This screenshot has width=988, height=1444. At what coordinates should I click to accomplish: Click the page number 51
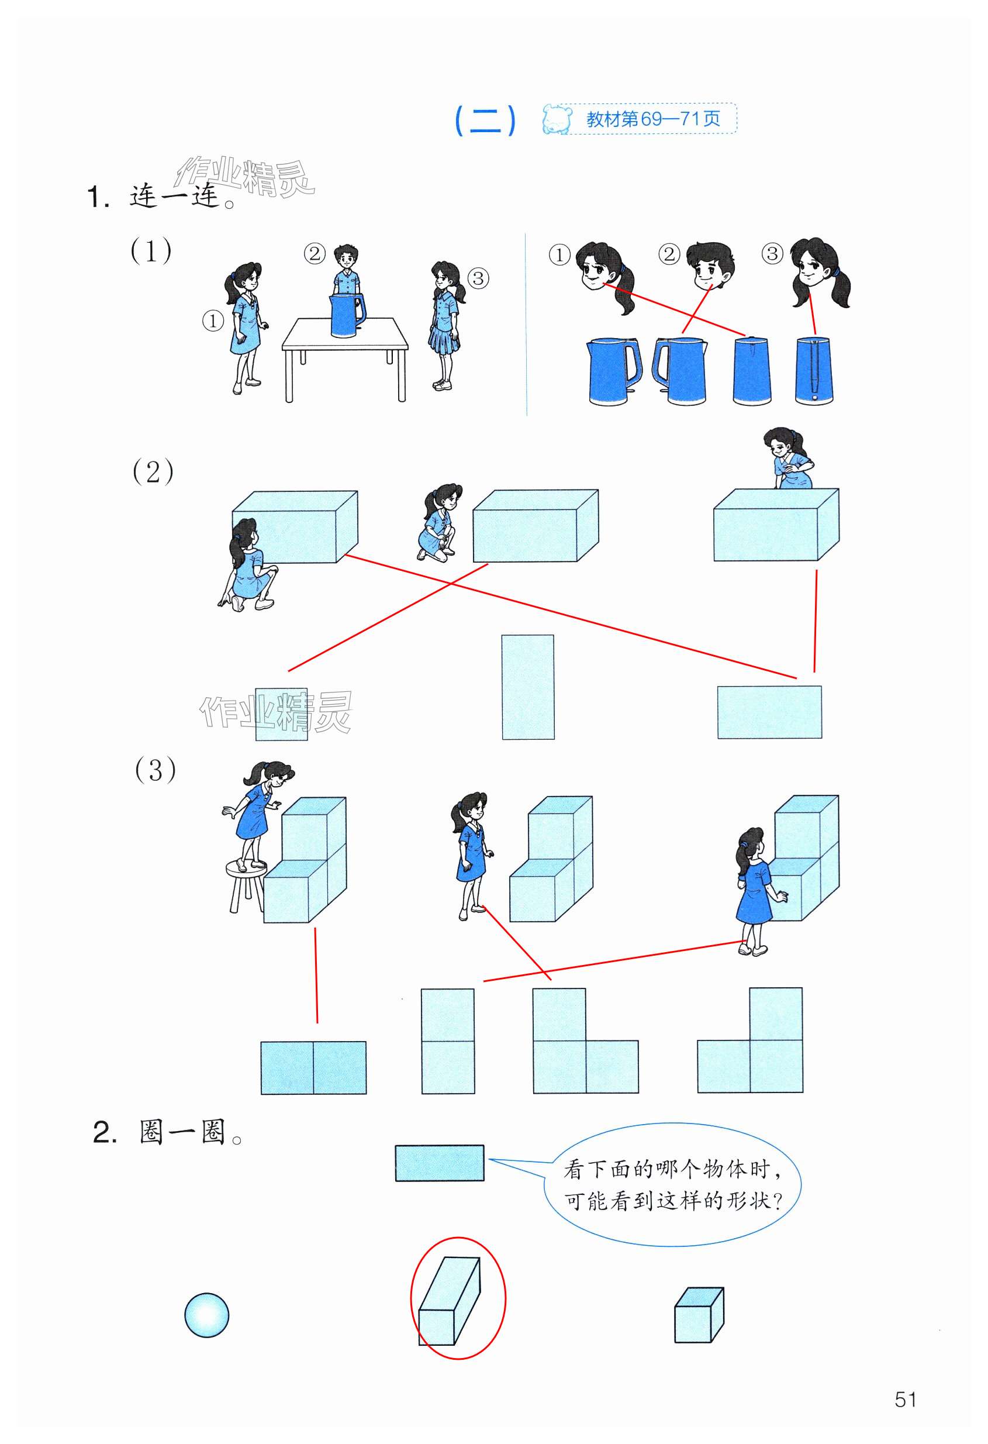tap(906, 1400)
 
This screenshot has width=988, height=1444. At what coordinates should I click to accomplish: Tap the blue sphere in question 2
tap(207, 1315)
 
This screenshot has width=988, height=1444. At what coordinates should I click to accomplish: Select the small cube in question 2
tap(699, 1315)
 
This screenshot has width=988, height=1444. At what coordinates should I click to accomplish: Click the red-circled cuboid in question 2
tap(449, 1301)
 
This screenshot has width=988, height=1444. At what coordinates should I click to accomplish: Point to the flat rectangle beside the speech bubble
tap(440, 1163)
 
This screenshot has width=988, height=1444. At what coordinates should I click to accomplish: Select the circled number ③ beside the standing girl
tap(478, 278)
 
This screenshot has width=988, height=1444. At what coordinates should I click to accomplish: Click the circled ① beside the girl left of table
tap(213, 320)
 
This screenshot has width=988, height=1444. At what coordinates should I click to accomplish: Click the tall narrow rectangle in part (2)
tap(528, 687)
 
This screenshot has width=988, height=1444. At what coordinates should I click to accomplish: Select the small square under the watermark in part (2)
tap(281, 714)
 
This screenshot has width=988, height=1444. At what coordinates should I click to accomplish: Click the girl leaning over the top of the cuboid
tap(786, 458)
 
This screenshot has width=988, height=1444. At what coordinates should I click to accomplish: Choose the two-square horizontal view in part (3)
tap(313, 1067)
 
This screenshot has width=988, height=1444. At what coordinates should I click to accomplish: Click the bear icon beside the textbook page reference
tap(557, 119)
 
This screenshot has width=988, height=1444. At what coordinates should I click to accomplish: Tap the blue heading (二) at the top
tap(485, 120)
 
